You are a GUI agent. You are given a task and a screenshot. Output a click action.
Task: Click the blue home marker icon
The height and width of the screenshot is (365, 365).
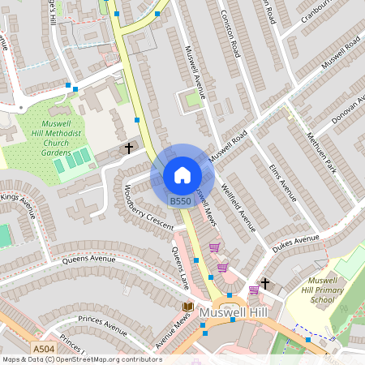click(x=182, y=174)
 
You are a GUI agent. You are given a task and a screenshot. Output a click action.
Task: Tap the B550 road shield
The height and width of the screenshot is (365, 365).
click(x=181, y=200)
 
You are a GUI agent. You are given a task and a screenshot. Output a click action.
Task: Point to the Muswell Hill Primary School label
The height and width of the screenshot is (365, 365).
click(x=311, y=288)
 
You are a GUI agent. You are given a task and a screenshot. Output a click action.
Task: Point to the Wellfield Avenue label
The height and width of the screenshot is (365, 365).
click(x=238, y=208)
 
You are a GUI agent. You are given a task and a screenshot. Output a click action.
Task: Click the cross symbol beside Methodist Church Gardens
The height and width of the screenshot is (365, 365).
click(x=128, y=148)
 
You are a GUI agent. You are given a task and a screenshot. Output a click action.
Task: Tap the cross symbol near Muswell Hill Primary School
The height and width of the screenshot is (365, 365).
click(x=264, y=283)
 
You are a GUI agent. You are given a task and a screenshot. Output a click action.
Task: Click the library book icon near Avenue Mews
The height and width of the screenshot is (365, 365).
click(x=188, y=307)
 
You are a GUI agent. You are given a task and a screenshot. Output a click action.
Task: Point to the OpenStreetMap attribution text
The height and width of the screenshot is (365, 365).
click(x=81, y=359)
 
